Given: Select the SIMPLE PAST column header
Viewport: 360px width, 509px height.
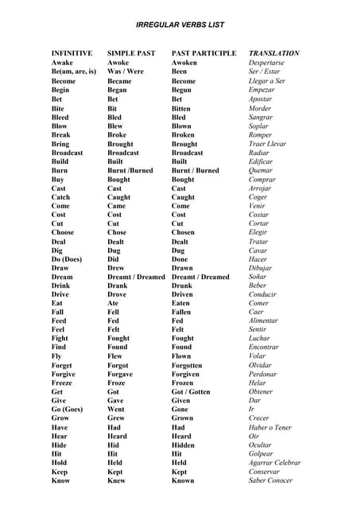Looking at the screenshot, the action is click(131, 53).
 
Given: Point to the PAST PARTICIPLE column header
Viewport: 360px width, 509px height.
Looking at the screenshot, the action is click(203, 53).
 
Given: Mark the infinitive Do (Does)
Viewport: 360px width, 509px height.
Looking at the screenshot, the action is click(71, 259).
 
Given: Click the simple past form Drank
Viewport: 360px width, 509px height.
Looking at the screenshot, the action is click(118, 286).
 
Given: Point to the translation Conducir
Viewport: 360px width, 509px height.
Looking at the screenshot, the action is click(262, 294).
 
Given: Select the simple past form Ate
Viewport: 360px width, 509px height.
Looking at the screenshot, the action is click(114, 303).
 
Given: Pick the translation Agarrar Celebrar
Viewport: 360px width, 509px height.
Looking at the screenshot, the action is click(274, 463).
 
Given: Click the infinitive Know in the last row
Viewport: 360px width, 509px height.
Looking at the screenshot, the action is click(60, 480).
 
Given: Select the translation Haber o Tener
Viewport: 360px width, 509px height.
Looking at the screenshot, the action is click(270, 428).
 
